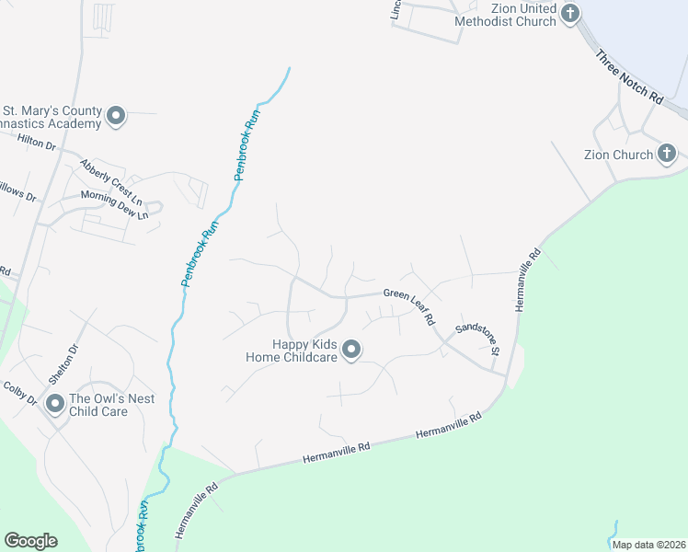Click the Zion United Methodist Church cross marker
click(x=570, y=14)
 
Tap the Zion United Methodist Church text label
click(x=510, y=14)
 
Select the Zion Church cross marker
click(x=667, y=155)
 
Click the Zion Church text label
click(x=618, y=155)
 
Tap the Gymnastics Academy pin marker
click(x=116, y=116)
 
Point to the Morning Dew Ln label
click(x=114, y=204)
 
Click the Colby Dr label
click(x=19, y=394)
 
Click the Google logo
click(x=30, y=541)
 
